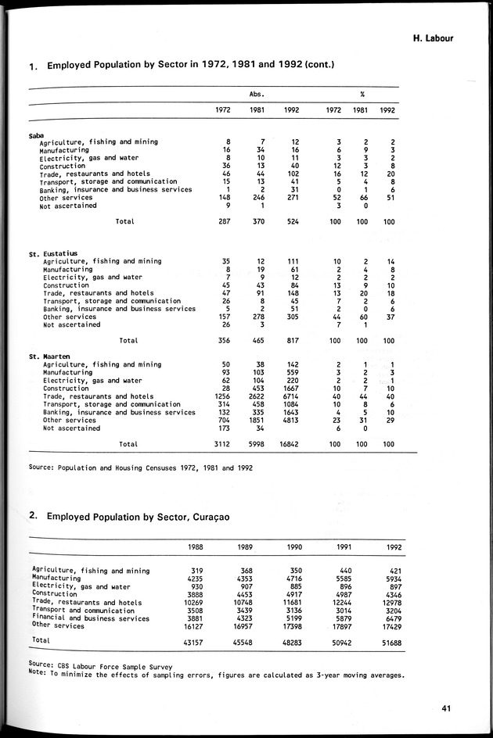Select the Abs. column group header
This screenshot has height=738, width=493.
pyautogui.click(x=256, y=94)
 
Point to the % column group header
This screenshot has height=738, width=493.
pyautogui.click(x=362, y=94)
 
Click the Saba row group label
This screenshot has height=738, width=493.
pyautogui.click(x=37, y=134)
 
